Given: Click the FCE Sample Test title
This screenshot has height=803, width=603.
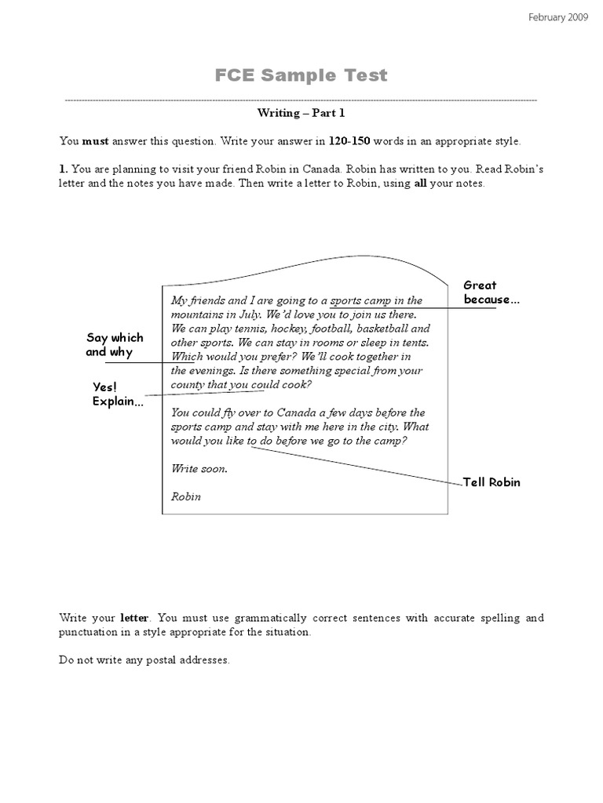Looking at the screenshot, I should point(301,75).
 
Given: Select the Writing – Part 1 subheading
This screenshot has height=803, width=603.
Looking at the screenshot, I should point(301,113).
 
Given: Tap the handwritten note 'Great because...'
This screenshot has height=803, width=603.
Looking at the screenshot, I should point(491,292).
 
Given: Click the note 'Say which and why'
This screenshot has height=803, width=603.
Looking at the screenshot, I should point(115,345).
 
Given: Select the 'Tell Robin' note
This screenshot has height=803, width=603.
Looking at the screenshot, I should point(492,482).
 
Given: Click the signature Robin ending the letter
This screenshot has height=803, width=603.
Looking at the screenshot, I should point(185,496).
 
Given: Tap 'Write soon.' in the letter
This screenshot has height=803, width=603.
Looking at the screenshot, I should point(199,468).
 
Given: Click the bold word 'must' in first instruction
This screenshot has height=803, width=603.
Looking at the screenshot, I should point(96,142).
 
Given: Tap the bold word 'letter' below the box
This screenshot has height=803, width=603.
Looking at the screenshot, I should point(134,618).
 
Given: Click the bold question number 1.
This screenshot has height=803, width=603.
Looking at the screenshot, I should point(63,169).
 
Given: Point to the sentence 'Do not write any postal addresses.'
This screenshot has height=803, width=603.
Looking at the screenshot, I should point(144,660).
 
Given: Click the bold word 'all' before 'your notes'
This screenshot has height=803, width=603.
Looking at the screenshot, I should point(421,183).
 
